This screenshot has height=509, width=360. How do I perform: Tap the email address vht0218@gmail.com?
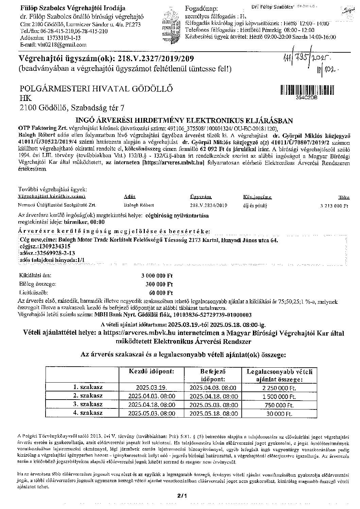[53, 45]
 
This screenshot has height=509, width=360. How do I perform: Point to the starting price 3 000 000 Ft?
[157, 276]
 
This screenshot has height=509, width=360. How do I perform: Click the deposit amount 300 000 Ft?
[159, 284]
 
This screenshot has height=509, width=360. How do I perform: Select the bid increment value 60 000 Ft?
[161, 293]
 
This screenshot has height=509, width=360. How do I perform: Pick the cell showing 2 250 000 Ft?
[276, 388]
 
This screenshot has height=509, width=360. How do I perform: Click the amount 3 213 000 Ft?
[334, 206]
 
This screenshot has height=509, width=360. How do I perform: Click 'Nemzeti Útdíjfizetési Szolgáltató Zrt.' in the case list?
[57, 205]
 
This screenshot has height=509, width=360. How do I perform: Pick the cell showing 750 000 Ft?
[279, 405]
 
